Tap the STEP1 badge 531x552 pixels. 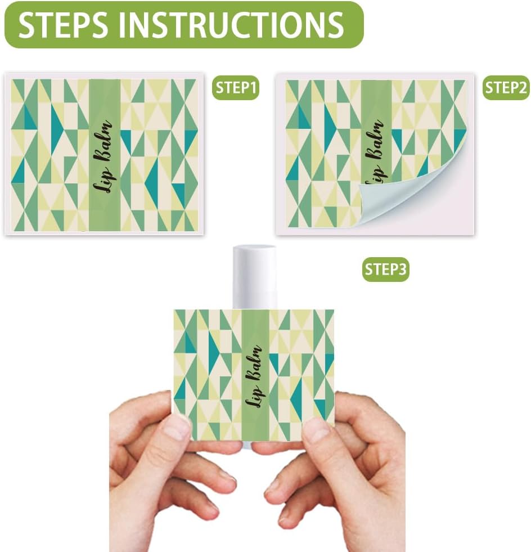click(236, 88)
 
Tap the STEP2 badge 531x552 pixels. click(506, 88)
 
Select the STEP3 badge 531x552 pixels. click(385, 270)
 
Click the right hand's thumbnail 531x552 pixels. click(318, 429)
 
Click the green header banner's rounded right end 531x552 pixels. click(352, 24)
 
